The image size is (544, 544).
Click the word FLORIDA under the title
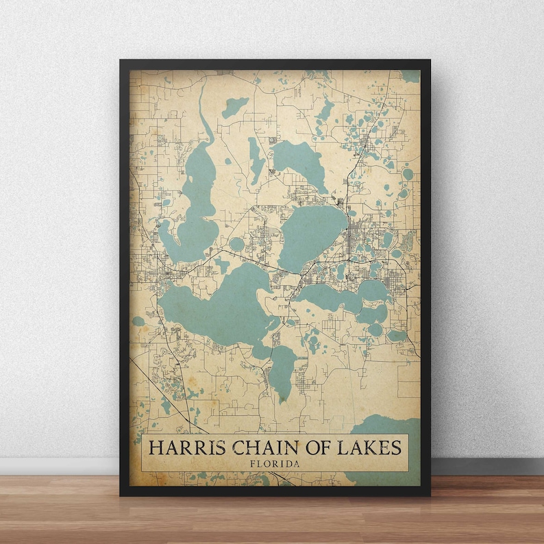coord(275,464)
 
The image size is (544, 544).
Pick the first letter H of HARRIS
coord(155,448)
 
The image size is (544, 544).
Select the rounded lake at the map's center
coord(312,236)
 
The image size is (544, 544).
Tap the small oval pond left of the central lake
coord(237,244)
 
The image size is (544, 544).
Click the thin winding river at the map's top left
coord(203,110)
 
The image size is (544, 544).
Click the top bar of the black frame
coord(274,64)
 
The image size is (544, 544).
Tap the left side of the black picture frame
coord(124,274)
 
